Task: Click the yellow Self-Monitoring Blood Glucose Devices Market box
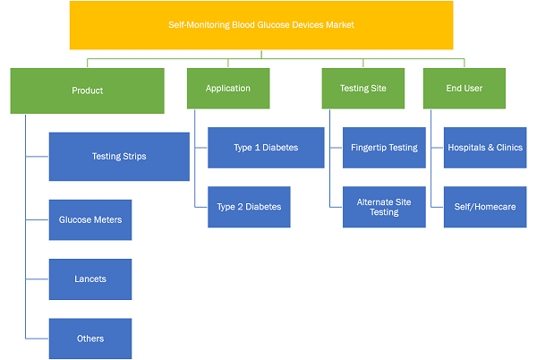tap(261, 25)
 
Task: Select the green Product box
tap(88, 90)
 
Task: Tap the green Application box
tap(228, 89)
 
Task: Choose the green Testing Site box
tap(363, 89)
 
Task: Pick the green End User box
tap(465, 89)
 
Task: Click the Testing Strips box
tap(119, 157)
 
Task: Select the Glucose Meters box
tap(90, 220)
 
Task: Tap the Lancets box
tap(90, 279)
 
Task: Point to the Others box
tap(90, 339)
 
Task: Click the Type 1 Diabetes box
tap(266, 148)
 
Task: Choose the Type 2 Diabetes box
tap(249, 207)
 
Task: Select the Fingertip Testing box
tap(384, 148)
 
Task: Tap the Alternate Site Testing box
tap(384, 207)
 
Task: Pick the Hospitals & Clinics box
tap(485, 148)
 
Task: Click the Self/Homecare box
tap(485, 207)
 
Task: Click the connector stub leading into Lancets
tap(38, 279)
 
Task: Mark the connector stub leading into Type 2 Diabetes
tap(201, 207)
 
